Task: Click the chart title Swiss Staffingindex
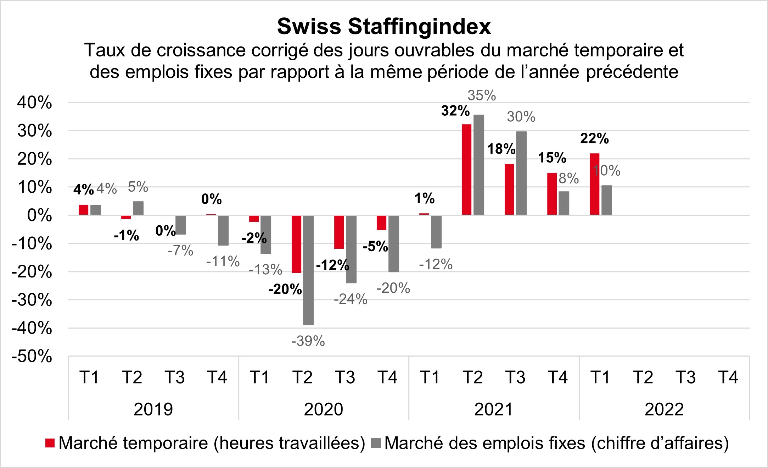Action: [384, 26]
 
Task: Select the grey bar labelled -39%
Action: [308, 270]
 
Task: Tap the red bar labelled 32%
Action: [466, 170]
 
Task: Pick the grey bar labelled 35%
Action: [478, 165]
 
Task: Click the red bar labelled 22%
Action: [594, 184]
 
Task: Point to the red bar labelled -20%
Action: [296, 244]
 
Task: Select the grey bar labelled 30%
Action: [521, 173]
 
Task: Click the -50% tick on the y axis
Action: [32, 357]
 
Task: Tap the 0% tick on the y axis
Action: [39, 216]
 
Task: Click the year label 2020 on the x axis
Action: [323, 409]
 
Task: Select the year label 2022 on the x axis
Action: [664, 409]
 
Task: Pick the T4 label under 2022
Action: [728, 377]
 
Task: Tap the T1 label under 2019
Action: [89, 377]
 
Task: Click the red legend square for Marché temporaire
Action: [50, 443]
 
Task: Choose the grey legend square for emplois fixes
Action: [376, 443]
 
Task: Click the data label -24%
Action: [351, 299]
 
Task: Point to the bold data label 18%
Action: [501, 149]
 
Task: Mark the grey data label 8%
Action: [568, 178]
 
